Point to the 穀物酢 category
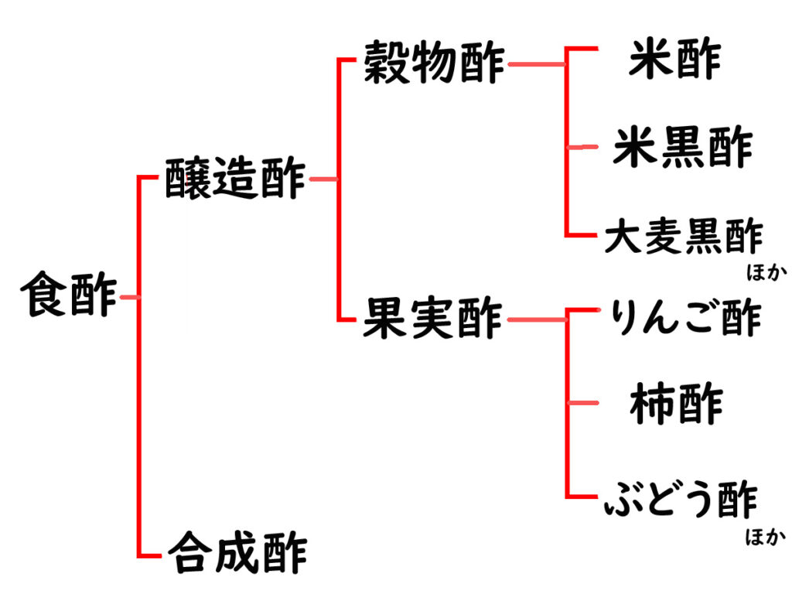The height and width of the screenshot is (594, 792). [434, 64]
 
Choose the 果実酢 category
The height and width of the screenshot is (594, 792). [433, 319]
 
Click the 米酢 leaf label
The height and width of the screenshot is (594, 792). [674, 60]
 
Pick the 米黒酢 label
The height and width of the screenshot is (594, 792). [682, 148]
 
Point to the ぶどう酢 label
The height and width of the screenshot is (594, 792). [680, 499]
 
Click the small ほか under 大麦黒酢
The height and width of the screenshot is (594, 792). [764, 271]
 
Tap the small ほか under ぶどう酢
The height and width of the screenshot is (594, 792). [764, 537]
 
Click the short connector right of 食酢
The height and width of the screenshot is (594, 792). [128, 297]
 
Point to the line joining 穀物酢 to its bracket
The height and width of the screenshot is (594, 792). [536, 65]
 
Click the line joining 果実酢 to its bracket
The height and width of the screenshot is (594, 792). [536, 319]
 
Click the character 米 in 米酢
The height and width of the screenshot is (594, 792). [649, 60]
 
